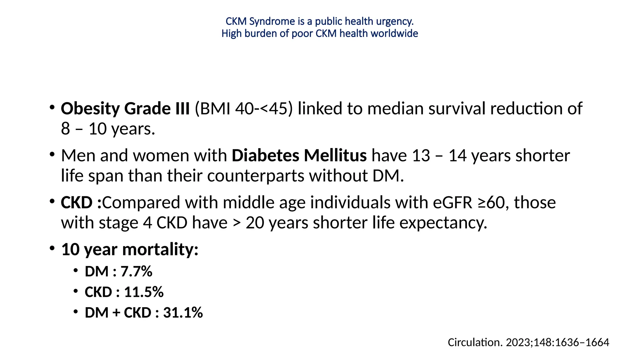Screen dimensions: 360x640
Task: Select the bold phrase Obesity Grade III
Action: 125,108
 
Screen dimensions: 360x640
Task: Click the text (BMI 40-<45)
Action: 244,108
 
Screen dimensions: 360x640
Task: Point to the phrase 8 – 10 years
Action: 108,129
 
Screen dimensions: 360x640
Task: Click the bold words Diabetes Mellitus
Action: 299,155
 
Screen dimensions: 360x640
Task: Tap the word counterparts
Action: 256,176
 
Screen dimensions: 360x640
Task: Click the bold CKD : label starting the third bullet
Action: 81,202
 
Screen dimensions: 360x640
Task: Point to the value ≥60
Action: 493,202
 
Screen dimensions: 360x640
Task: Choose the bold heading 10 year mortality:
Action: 130,249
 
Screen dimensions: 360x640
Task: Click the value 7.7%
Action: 137,271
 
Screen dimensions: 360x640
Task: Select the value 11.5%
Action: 144,292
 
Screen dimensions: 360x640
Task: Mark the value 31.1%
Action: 183,312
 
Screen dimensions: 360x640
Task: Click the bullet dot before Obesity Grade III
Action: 52,107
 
